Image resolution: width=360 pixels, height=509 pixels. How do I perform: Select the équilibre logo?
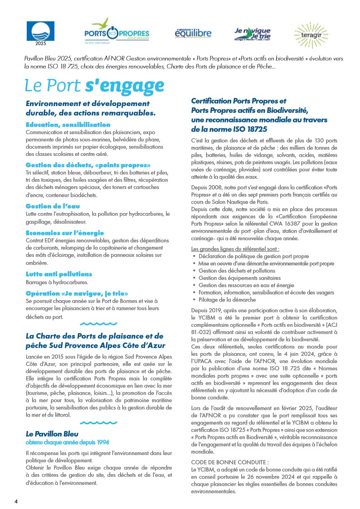(193, 33)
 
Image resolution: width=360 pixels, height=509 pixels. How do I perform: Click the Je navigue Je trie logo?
(252, 33)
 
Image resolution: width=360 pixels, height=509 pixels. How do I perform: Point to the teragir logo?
(311, 32)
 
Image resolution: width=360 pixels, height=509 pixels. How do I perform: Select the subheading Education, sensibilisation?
(68, 125)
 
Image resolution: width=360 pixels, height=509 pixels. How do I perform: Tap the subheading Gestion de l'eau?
(53, 206)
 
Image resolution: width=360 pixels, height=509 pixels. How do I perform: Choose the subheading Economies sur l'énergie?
(65, 233)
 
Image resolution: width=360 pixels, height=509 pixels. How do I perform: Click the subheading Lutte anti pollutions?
(58, 274)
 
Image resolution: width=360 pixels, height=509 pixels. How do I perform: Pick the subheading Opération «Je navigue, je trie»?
(80, 293)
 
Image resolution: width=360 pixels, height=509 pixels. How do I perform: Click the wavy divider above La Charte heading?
(98, 324)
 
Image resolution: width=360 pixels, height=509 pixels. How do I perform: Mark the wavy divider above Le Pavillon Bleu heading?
(98, 422)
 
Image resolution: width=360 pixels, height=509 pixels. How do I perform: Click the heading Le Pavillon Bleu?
(52, 434)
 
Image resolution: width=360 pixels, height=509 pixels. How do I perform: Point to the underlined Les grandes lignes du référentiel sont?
(235, 249)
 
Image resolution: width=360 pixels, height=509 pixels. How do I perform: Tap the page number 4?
(16, 502)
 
